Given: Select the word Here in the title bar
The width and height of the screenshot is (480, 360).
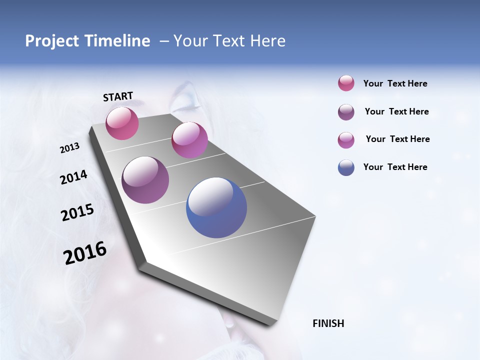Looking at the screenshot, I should (267, 41).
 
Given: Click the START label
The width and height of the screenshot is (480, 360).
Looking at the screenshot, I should (118, 96).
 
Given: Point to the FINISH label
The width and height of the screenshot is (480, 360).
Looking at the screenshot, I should (328, 323).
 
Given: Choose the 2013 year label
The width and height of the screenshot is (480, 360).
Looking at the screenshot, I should (70, 148).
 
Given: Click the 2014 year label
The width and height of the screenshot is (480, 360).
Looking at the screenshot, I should (74, 177).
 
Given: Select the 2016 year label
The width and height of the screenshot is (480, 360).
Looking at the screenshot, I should (85, 253).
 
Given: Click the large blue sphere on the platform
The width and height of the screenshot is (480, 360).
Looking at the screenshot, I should (216, 207).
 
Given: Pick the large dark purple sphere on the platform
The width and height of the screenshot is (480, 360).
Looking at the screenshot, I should (145, 180).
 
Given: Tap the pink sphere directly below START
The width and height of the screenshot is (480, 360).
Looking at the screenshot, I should (122, 123).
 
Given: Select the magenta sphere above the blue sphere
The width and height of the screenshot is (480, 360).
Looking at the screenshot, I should (189, 140).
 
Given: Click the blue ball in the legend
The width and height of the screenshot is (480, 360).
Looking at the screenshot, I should (346, 167).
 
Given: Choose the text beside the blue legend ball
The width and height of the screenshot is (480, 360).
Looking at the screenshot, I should (395, 167).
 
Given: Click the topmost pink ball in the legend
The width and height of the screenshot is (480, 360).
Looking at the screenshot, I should (346, 83).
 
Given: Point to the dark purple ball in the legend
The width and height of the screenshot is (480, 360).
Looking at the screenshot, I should (346, 112).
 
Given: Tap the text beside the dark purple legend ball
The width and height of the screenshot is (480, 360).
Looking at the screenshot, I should (396, 111).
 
